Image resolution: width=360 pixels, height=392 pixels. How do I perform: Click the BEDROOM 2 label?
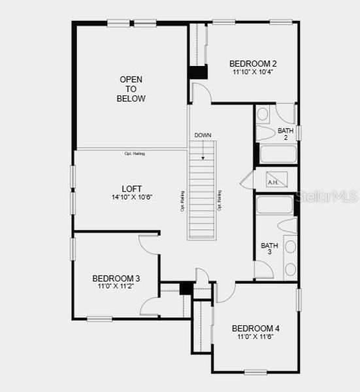tap(253, 63)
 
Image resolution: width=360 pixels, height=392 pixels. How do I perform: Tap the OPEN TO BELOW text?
tap(131, 89)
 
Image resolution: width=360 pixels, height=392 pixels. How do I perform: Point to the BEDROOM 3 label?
tap(116, 278)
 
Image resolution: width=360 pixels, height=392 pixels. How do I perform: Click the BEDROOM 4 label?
tap(255, 328)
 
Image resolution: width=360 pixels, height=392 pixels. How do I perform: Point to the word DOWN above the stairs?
tap(203, 135)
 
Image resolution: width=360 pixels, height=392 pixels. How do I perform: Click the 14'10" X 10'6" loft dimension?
tap(132, 197)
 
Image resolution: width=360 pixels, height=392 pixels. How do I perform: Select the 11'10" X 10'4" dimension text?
tap(253, 72)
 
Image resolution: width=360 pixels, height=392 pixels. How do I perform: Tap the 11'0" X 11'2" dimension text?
tap(116, 286)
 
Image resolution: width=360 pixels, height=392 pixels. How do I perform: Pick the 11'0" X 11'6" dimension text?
tap(255, 336)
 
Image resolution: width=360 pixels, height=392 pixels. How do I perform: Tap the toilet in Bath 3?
tap(288, 225)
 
